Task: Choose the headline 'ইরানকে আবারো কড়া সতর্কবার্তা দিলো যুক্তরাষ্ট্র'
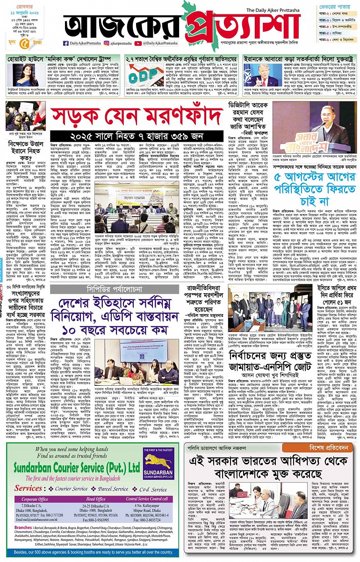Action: point(300,59)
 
